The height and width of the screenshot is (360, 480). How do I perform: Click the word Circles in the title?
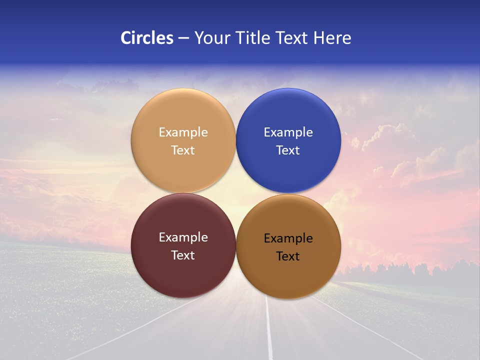pos(146,38)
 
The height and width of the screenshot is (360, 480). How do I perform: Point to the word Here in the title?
pos(332,38)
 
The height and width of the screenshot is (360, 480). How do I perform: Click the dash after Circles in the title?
pos(183,38)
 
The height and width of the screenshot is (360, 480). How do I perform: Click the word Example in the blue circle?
pos(288,132)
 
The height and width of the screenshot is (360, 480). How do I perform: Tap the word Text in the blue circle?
pos(288,150)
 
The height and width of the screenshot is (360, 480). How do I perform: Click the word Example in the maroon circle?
pos(183,237)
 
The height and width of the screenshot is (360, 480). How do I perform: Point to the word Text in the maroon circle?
pos(183,255)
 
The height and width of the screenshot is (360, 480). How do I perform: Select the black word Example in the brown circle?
pos(288,238)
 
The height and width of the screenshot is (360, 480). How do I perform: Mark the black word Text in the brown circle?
pos(288,256)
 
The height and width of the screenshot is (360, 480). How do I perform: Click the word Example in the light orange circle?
pos(183,132)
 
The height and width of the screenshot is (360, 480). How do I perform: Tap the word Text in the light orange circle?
pos(183,150)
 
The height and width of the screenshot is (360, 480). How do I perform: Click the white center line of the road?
pos(269,330)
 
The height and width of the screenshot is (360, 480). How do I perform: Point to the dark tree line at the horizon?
pos(400,272)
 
